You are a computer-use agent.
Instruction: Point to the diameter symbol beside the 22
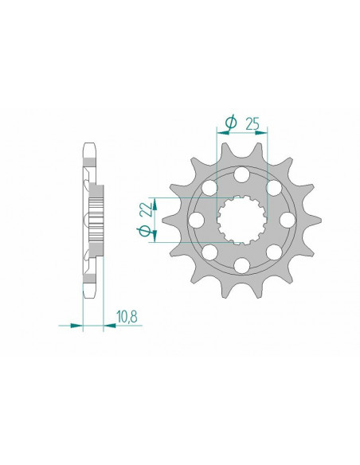point(145,231)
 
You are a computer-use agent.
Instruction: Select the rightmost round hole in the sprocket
point(288,219)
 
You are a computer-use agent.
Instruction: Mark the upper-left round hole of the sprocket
point(210,187)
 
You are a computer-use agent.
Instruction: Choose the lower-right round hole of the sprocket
point(274,252)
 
